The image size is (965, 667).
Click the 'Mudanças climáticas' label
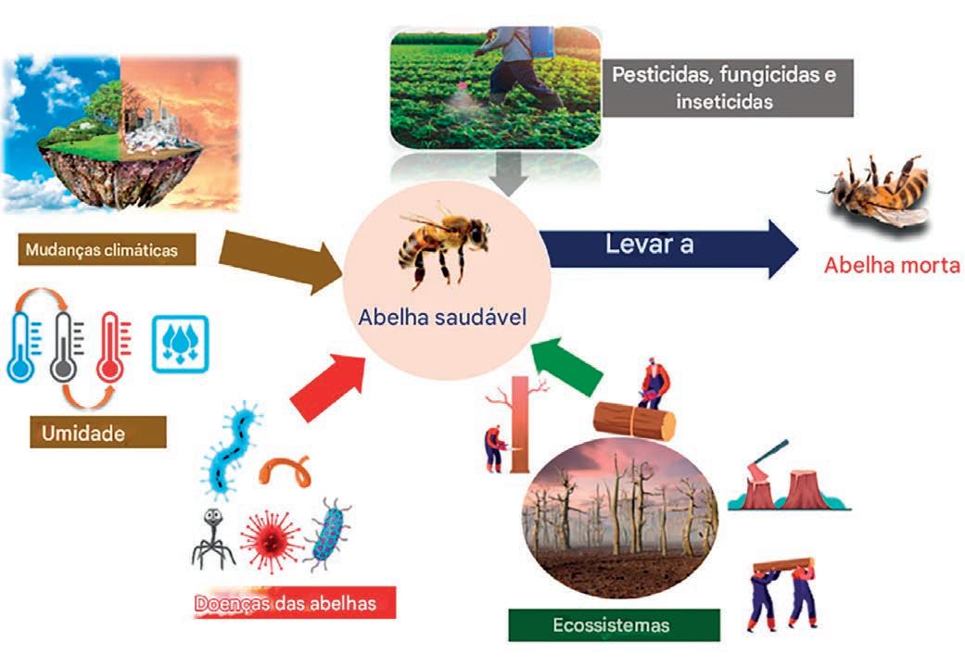[x=108, y=249]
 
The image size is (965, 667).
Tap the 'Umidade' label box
[x=97, y=432]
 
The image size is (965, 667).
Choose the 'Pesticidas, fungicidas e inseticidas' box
[x=722, y=88]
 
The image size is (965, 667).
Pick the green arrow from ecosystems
[x=568, y=365]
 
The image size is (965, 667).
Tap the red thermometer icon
[x=112, y=348]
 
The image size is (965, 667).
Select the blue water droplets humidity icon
[x=180, y=344]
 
